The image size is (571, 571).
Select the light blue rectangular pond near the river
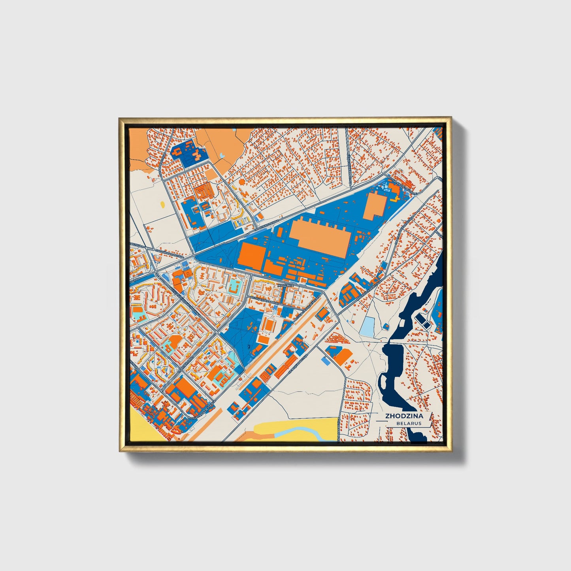point(367,326)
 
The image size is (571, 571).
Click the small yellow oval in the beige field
point(163,205)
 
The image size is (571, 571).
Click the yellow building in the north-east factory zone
point(394,190)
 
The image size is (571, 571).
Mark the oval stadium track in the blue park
point(270,325)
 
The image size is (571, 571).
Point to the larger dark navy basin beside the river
point(421,318)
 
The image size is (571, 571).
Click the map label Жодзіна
point(285,285)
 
